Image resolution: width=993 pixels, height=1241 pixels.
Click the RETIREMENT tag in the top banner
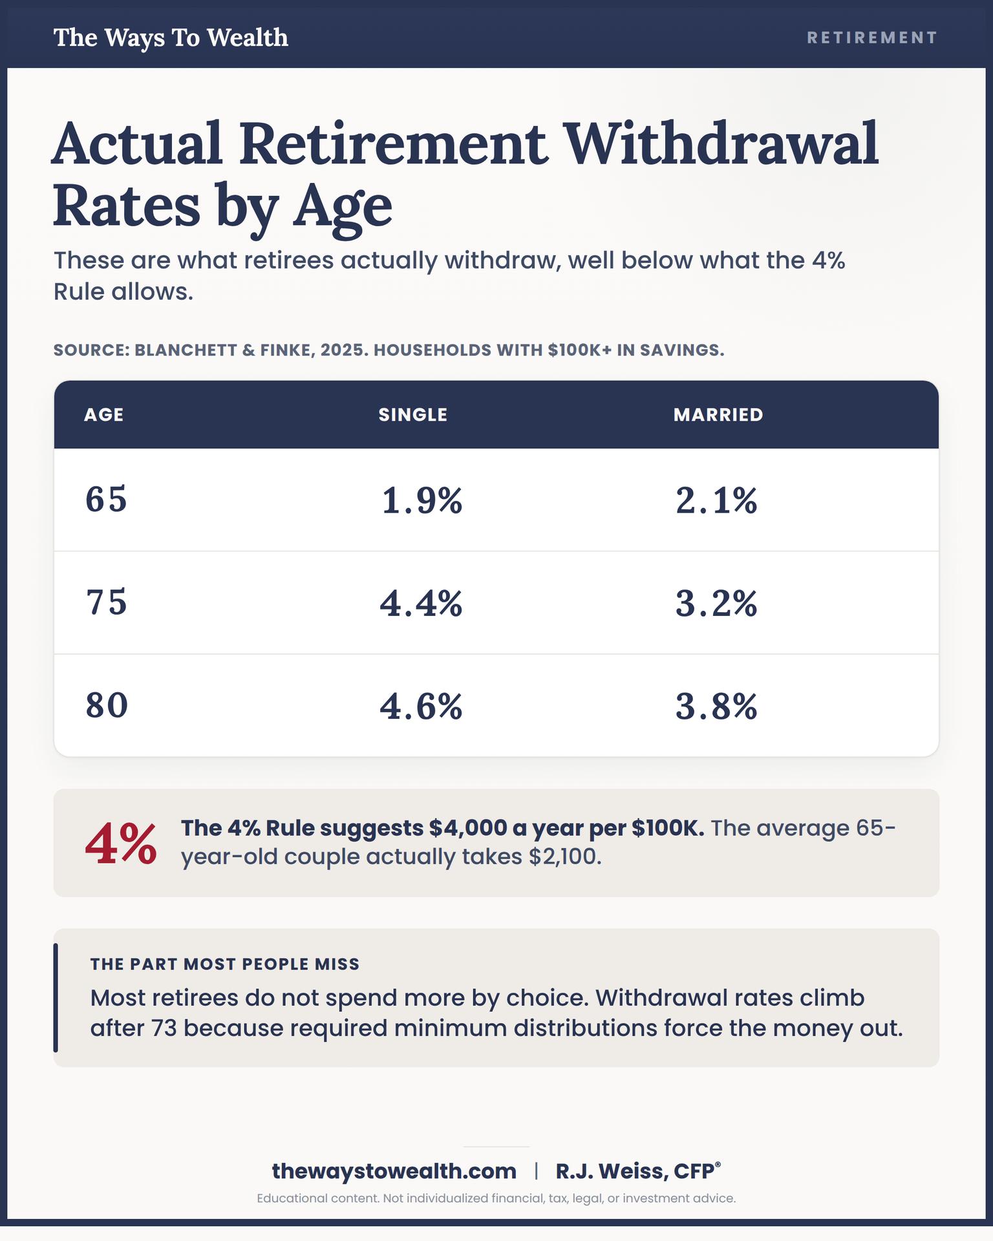click(872, 37)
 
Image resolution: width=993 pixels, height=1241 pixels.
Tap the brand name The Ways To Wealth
click(171, 37)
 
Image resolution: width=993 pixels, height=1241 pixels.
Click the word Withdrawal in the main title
click(721, 143)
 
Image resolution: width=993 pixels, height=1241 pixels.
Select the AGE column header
click(103, 415)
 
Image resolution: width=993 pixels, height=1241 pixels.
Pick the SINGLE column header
click(413, 415)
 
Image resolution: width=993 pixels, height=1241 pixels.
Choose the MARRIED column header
click(718, 415)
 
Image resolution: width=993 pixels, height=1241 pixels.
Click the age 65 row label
click(107, 500)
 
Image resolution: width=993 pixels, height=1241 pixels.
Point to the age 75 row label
click(107, 602)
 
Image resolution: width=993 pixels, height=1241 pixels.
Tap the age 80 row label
click(107, 705)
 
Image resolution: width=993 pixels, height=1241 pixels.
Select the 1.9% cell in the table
click(422, 500)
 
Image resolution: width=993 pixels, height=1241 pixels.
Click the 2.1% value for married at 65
click(716, 500)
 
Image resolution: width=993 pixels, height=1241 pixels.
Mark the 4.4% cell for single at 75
click(422, 603)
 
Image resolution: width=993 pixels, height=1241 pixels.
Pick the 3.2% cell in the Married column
click(716, 603)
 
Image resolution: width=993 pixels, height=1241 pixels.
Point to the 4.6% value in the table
click(422, 706)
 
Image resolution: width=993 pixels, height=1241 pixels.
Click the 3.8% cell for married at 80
click(716, 706)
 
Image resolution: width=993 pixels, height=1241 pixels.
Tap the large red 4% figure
click(121, 843)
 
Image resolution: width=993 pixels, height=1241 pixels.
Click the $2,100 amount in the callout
click(565, 856)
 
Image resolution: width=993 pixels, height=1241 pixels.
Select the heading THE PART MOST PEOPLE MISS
click(225, 964)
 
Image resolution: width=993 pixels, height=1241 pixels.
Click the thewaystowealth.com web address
click(394, 1171)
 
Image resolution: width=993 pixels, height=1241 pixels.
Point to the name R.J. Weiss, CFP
click(638, 1171)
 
